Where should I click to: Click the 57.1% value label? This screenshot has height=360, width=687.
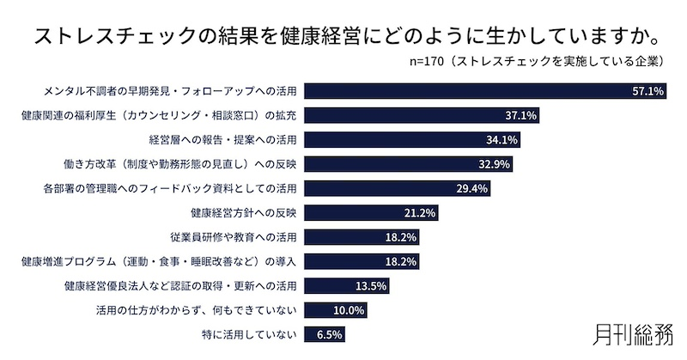tap(649, 90)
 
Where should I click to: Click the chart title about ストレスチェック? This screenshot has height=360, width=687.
tap(343, 36)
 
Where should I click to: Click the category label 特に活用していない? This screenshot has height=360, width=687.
tap(249, 335)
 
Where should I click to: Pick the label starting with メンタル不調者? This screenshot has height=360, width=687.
tap(169, 90)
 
